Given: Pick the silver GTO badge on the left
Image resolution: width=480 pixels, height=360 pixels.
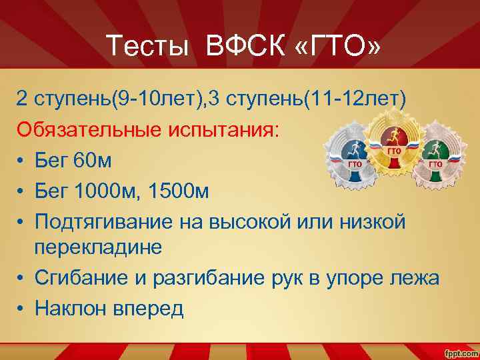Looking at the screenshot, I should (353, 159).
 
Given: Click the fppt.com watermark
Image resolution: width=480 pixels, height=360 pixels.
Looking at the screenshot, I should (459, 351).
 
